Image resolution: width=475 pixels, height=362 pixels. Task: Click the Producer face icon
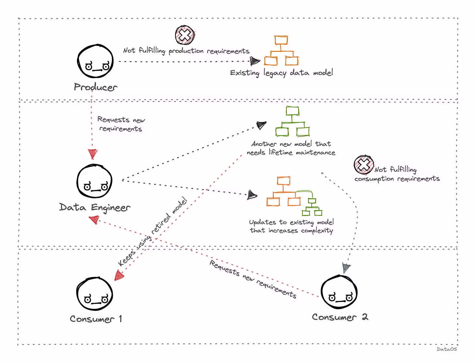click(95, 61)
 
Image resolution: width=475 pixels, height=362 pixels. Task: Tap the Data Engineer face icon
click(94, 181)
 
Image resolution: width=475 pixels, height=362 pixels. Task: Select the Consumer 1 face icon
click(95, 294)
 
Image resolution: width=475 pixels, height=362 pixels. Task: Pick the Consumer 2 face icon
click(339, 292)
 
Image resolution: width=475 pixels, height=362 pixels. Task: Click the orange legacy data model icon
click(281, 51)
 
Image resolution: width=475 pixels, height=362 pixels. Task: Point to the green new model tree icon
click(292, 122)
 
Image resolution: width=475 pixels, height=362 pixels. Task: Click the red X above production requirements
click(185, 35)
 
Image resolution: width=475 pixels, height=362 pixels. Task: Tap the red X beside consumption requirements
click(363, 165)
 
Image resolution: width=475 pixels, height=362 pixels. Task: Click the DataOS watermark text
click(447, 349)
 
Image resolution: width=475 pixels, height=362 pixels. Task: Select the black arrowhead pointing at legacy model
click(254, 61)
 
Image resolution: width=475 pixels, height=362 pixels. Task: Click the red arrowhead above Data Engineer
click(93, 154)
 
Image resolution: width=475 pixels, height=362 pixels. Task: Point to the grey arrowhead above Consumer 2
click(346, 268)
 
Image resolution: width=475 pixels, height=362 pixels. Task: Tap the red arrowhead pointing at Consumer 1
click(119, 276)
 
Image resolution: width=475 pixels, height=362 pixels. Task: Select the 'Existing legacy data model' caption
click(281, 73)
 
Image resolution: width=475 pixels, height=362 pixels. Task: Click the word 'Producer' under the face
click(95, 87)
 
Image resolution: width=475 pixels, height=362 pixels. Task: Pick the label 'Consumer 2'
click(340, 317)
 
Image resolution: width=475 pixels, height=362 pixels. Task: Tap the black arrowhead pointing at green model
click(261, 125)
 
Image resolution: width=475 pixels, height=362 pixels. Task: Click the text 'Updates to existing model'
click(291, 222)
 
